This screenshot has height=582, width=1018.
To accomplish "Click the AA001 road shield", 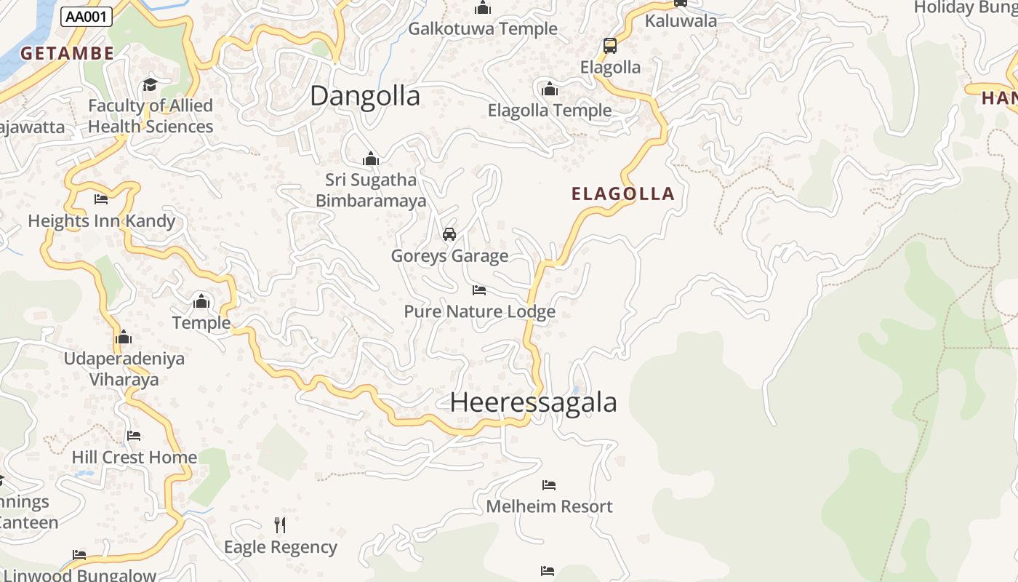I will tap(87, 17).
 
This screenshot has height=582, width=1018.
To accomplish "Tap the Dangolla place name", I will tap(365, 96).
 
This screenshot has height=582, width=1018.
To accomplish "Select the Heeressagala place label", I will tap(533, 402).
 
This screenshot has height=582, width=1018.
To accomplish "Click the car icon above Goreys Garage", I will tap(449, 234).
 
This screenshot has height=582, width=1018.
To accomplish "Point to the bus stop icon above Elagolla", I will tap(610, 46).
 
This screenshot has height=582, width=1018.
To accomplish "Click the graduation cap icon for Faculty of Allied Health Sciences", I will tap(150, 84).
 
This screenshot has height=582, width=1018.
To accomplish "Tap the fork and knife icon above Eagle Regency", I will tap(280, 525).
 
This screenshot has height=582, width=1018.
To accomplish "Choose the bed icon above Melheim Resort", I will tap(549, 485).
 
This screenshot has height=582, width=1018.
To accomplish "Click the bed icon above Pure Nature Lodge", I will tap(479, 290).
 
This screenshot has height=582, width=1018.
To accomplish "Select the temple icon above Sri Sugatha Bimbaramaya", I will tap(371, 159).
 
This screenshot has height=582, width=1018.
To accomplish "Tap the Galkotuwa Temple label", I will tap(483, 29).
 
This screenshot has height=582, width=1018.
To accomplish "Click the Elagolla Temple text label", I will tap(549, 111).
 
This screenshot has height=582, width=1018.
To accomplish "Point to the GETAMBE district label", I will tap(67, 53).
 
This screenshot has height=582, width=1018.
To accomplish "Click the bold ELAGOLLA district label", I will tap(623, 194).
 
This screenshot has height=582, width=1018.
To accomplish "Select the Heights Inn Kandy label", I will tap(101, 221).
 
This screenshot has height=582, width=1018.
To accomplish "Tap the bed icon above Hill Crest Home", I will tap(134, 436).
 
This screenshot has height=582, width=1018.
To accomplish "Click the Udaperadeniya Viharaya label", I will tap(124, 369).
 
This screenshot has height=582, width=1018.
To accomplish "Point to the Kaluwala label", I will tap(681, 20).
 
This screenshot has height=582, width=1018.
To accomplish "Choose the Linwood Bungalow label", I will tap(79, 575).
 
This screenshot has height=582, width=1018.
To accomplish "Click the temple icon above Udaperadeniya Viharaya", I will tap(124, 337).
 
